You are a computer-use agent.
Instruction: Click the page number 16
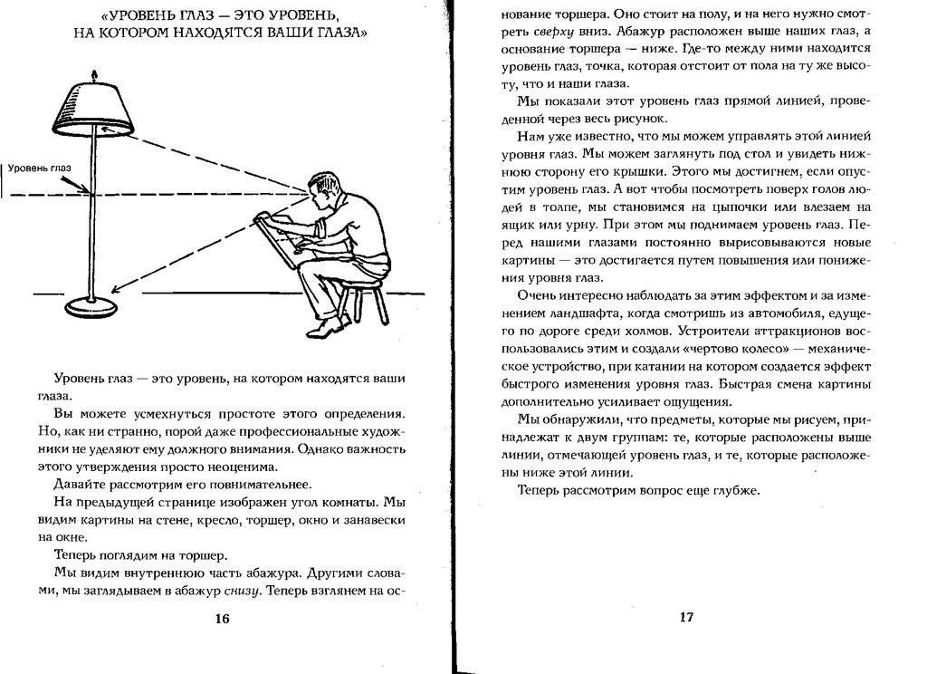tap(223, 619)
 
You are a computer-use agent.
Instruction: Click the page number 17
tap(685, 618)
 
